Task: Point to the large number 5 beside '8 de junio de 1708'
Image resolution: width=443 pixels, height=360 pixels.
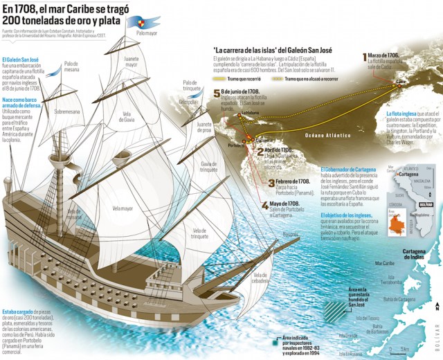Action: (x=217, y=93)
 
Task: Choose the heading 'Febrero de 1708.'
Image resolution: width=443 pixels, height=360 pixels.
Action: (x=291, y=180)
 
